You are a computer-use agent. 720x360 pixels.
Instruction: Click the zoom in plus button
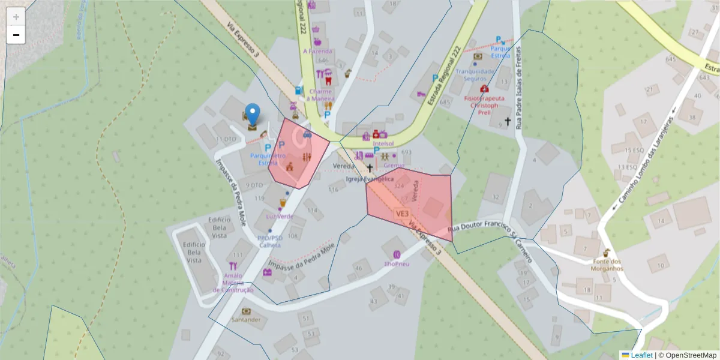[x=16, y=17]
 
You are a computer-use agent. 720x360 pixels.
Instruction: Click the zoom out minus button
[x=16, y=35]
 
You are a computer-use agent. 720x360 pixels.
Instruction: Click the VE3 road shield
[x=402, y=214]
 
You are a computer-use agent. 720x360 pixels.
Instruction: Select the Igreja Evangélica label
[x=370, y=179]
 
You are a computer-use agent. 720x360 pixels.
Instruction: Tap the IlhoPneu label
[x=397, y=264]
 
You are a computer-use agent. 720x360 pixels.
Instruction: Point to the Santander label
[x=246, y=320]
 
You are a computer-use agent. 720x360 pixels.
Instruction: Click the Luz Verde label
[x=280, y=216]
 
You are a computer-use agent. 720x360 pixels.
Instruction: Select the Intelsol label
[x=383, y=144]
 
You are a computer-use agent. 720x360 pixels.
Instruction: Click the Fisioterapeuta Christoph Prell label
[x=484, y=104]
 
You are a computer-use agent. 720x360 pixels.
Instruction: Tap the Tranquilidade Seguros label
[x=478, y=74]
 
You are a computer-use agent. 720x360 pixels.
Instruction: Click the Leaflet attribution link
[x=641, y=355]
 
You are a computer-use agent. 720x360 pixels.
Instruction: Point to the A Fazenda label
[x=317, y=51]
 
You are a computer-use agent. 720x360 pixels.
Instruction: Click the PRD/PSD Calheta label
[x=270, y=241]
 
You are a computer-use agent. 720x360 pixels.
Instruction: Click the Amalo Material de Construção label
[x=233, y=283]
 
